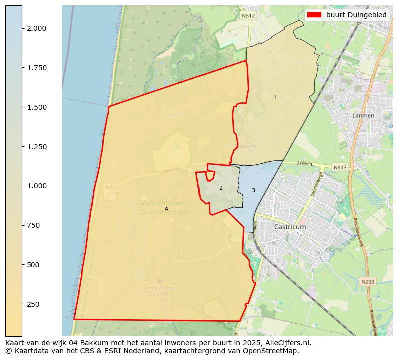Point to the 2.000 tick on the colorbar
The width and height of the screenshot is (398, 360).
pos(37,28)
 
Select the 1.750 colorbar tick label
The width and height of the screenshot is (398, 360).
pos(37,68)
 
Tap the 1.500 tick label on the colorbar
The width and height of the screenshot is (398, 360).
pos(37,107)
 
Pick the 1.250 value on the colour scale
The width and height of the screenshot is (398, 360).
pos(37,147)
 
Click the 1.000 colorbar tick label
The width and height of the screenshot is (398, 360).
pos(37,186)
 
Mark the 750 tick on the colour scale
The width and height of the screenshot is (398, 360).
pos(33,225)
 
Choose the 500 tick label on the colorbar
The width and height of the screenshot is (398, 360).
pos(33,265)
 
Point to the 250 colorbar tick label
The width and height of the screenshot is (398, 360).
pos(33,304)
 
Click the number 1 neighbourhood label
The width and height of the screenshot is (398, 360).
pos(275,97)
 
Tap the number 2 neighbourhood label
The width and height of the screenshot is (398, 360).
pos(221,188)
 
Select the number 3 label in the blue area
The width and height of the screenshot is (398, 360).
pos(253,190)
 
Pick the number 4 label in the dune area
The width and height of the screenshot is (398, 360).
pos(166,209)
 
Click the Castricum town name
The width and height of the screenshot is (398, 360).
pos(290,227)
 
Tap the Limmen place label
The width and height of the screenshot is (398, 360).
pos(363,115)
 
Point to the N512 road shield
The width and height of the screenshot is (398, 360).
pos(248,16)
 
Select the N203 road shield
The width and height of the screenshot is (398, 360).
pos(367,282)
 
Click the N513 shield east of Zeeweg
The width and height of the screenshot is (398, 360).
pos(340,167)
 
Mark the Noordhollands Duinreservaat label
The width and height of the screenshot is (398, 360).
pos(165,207)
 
